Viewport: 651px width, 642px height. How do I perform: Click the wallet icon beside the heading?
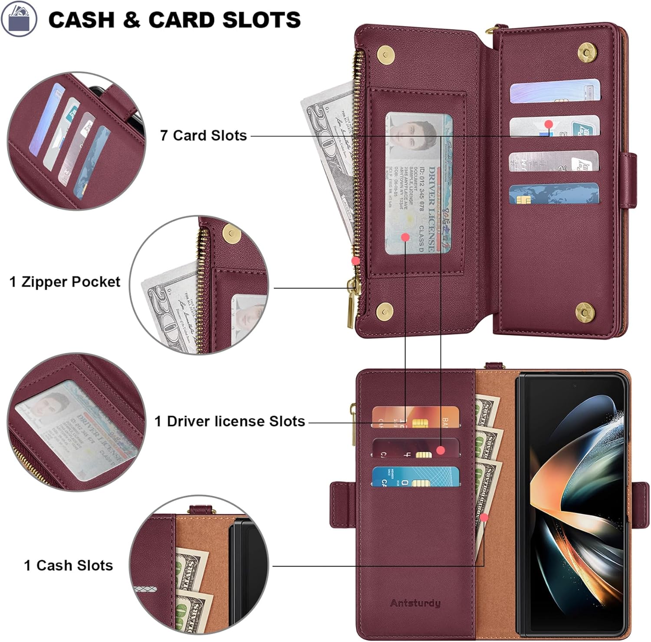[19, 19]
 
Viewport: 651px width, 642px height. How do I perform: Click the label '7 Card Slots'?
[203, 135]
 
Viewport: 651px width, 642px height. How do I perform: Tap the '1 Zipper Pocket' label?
[65, 282]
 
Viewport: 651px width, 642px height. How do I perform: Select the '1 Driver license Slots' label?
[230, 421]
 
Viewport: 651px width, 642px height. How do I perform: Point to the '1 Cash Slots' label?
[69, 566]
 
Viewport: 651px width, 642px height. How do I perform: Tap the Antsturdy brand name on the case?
[415, 603]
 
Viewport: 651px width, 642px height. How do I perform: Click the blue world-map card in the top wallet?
[554, 194]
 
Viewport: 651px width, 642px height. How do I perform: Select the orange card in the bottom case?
[415, 417]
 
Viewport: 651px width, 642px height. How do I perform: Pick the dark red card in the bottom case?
[415, 448]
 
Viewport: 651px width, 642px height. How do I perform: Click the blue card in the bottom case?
[415, 477]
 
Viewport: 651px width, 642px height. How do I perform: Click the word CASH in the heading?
[81, 20]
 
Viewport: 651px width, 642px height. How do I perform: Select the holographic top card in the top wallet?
[555, 92]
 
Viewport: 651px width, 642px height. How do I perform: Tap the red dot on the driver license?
[405, 237]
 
